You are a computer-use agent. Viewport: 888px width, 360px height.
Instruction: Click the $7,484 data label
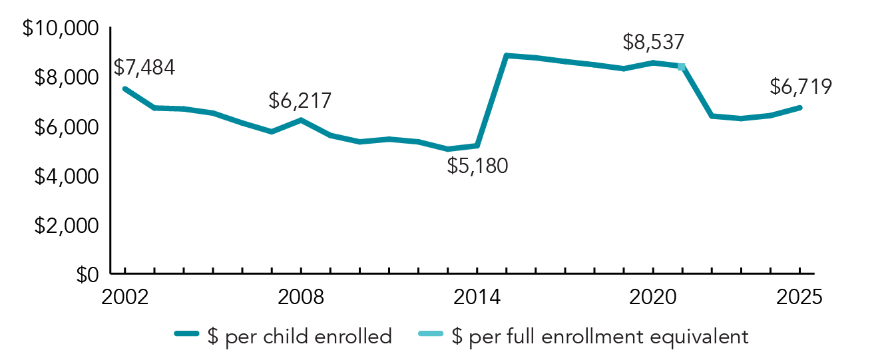point(144,67)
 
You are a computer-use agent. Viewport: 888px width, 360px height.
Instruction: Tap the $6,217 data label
point(300,101)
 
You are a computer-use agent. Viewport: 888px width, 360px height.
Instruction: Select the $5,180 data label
point(477,164)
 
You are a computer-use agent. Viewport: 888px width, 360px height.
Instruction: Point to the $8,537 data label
point(653,43)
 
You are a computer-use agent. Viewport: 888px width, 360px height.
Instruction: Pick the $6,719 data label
point(801,87)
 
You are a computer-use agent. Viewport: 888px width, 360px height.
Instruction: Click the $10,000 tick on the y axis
point(61,29)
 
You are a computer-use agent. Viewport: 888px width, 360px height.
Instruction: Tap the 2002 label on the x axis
point(124,296)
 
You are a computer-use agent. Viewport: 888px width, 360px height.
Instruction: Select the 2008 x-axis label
point(301,296)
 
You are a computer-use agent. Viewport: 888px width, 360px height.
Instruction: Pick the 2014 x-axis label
point(477,296)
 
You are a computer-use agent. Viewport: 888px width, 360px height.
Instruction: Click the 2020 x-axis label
point(652,296)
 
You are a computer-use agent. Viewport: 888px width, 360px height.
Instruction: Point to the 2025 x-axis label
point(799,296)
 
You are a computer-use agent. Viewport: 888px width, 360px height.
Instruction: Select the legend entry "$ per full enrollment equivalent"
point(599,336)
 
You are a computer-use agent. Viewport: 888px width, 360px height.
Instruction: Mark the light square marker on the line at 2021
point(681,67)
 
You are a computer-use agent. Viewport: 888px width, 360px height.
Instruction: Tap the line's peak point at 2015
point(507,55)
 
